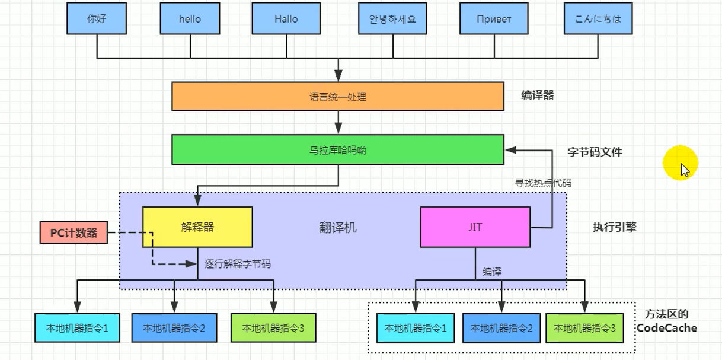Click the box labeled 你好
[97, 18]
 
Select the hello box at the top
[190, 18]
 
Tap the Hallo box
[286, 18]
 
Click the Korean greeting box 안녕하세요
[388, 18]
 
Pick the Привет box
[494, 18]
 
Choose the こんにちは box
[598, 18]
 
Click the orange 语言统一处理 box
[338, 96]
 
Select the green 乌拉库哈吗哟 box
[338, 149]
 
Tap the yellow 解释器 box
[197, 227]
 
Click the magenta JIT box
[475, 227]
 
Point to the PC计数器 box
[74, 233]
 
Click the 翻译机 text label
[338, 228]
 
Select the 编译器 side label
[538, 95]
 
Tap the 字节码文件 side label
[595, 152]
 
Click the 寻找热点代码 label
[543, 183]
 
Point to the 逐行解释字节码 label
[237, 264]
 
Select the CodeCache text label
[667, 328]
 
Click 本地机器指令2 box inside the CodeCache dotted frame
[501, 328]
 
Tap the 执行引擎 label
[614, 227]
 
